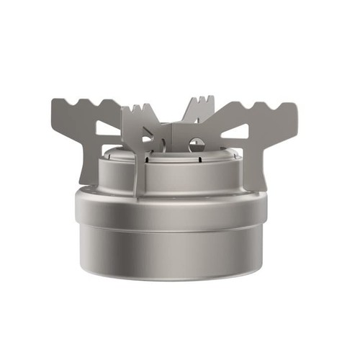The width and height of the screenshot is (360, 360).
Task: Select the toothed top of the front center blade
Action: click(140, 112)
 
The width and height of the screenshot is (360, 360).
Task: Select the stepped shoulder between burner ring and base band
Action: click(180, 189)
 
